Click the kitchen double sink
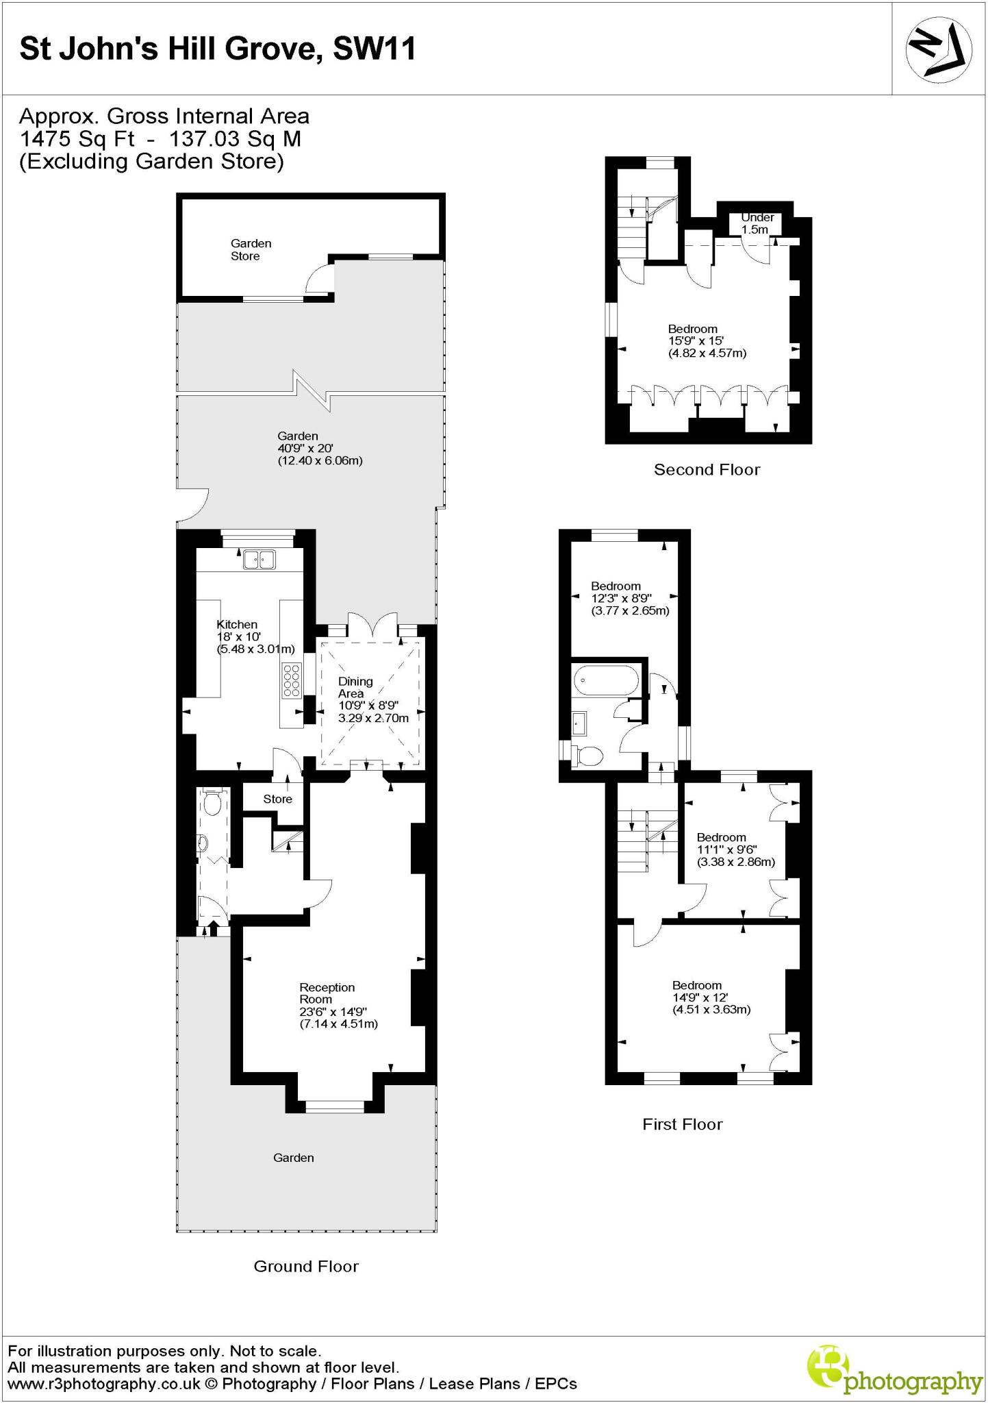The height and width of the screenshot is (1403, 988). tap(258, 560)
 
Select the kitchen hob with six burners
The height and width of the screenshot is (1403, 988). tap(291, 680)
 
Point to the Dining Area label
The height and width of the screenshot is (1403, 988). tap(356, 687)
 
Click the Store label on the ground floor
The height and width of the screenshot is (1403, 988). tap(277, 799)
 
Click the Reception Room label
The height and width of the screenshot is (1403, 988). tap(327, 993)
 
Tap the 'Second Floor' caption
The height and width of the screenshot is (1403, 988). tap(707, 469)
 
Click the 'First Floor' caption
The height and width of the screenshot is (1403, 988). tap(682, 1124)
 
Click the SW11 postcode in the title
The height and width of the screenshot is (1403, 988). tap(374, 49)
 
